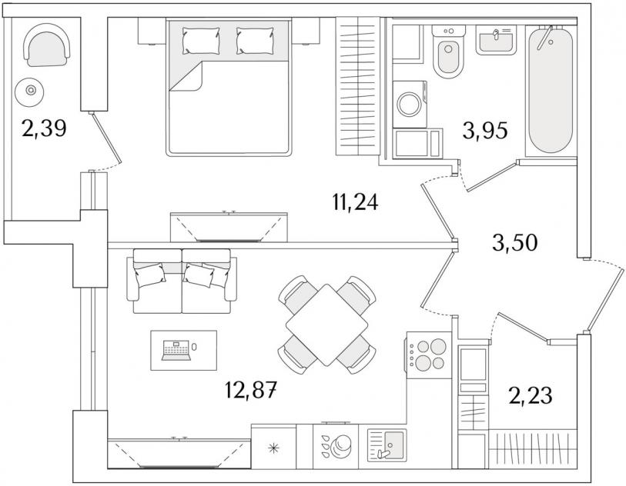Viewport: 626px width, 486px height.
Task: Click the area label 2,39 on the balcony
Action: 45,128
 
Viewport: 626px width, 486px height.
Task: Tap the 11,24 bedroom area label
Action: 355,202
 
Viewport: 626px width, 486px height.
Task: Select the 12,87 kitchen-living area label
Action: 251,390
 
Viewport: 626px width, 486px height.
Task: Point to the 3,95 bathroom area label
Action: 485,131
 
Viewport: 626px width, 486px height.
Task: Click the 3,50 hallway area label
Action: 515,243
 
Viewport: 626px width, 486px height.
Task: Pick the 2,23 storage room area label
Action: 531,395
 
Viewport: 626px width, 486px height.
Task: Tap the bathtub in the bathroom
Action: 551,90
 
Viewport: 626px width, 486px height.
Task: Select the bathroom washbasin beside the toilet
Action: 496,40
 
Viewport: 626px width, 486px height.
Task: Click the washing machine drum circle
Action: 408,104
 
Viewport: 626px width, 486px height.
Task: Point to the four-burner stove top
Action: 428,355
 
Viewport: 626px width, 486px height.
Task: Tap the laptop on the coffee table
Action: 176,351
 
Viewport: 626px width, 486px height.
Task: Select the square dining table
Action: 326,325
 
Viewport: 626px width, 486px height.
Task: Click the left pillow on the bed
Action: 201,41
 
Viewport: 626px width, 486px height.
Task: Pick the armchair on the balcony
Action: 47,45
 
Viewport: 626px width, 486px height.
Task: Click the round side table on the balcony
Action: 29,92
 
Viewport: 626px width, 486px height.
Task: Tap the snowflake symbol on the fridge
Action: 273,448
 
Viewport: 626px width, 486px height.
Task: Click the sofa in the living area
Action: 182,281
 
